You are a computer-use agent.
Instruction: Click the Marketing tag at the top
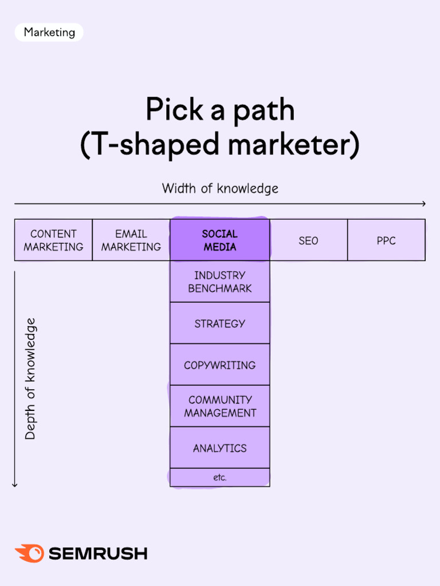click(49, 33)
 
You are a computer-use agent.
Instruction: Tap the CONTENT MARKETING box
click(53, 240)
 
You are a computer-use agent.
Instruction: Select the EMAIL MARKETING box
click(131, 240)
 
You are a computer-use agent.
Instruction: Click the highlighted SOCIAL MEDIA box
click(220, 240)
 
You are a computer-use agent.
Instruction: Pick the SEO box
click(308, 240)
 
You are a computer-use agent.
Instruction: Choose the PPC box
click(386, 240)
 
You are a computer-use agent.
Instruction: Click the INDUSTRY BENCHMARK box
click(220, 282)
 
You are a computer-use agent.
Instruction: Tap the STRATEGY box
click(220, 323)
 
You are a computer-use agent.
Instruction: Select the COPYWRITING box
click(220, 365)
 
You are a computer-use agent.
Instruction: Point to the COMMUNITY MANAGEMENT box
click(220, 406)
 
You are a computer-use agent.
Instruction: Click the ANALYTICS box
click(220, 448)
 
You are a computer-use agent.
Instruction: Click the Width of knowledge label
click(220, 188)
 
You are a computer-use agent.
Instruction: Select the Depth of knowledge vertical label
click(30, 379)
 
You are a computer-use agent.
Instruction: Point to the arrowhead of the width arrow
click(423, 204)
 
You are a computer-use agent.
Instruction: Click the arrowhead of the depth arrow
click(15, 485)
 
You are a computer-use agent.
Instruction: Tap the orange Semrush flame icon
click(29, 553)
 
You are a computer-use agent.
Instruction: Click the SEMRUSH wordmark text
click(98, 554)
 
